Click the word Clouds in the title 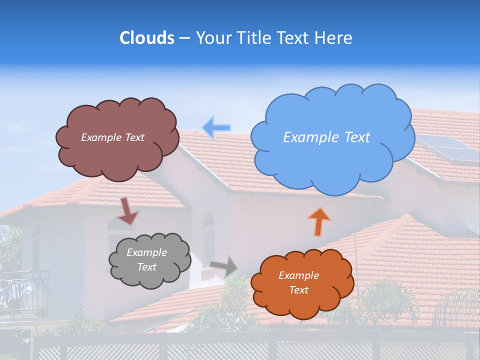pos(146,38)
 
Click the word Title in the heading pos(254,38)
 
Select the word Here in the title pos(333,38)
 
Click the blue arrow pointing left pos(216,127)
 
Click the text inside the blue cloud pos(326,137)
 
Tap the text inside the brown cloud pos(112,137)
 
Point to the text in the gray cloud pos(146,259)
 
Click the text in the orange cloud pos(298,282)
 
